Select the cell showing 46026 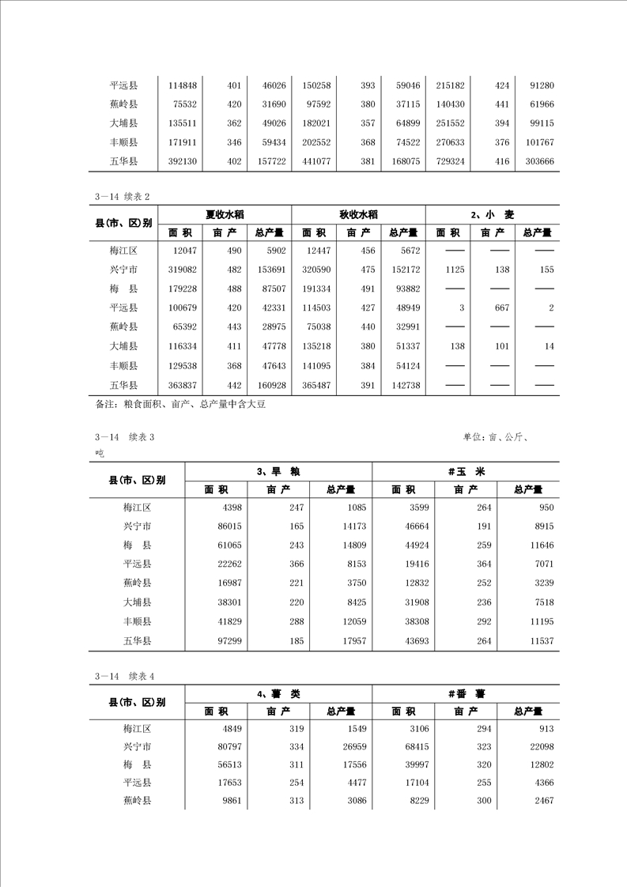270,85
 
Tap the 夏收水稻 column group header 225,214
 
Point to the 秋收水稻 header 358,214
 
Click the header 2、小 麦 492,214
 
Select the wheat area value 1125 454,270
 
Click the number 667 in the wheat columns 501,308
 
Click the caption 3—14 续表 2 123,198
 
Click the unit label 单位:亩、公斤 496,437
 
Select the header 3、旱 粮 278,471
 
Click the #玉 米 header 465,471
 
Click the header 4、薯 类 278,693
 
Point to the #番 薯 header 465,693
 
